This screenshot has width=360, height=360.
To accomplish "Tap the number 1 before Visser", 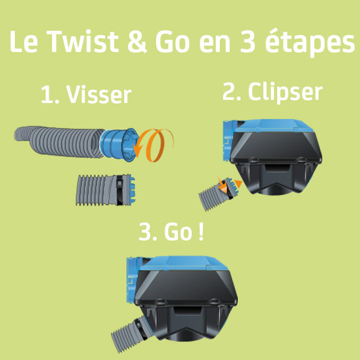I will [x=48, y=96].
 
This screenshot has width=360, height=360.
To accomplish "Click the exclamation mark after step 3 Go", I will [x=200, y=234].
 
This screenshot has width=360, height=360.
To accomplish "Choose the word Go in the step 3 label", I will [x=177, y=234].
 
